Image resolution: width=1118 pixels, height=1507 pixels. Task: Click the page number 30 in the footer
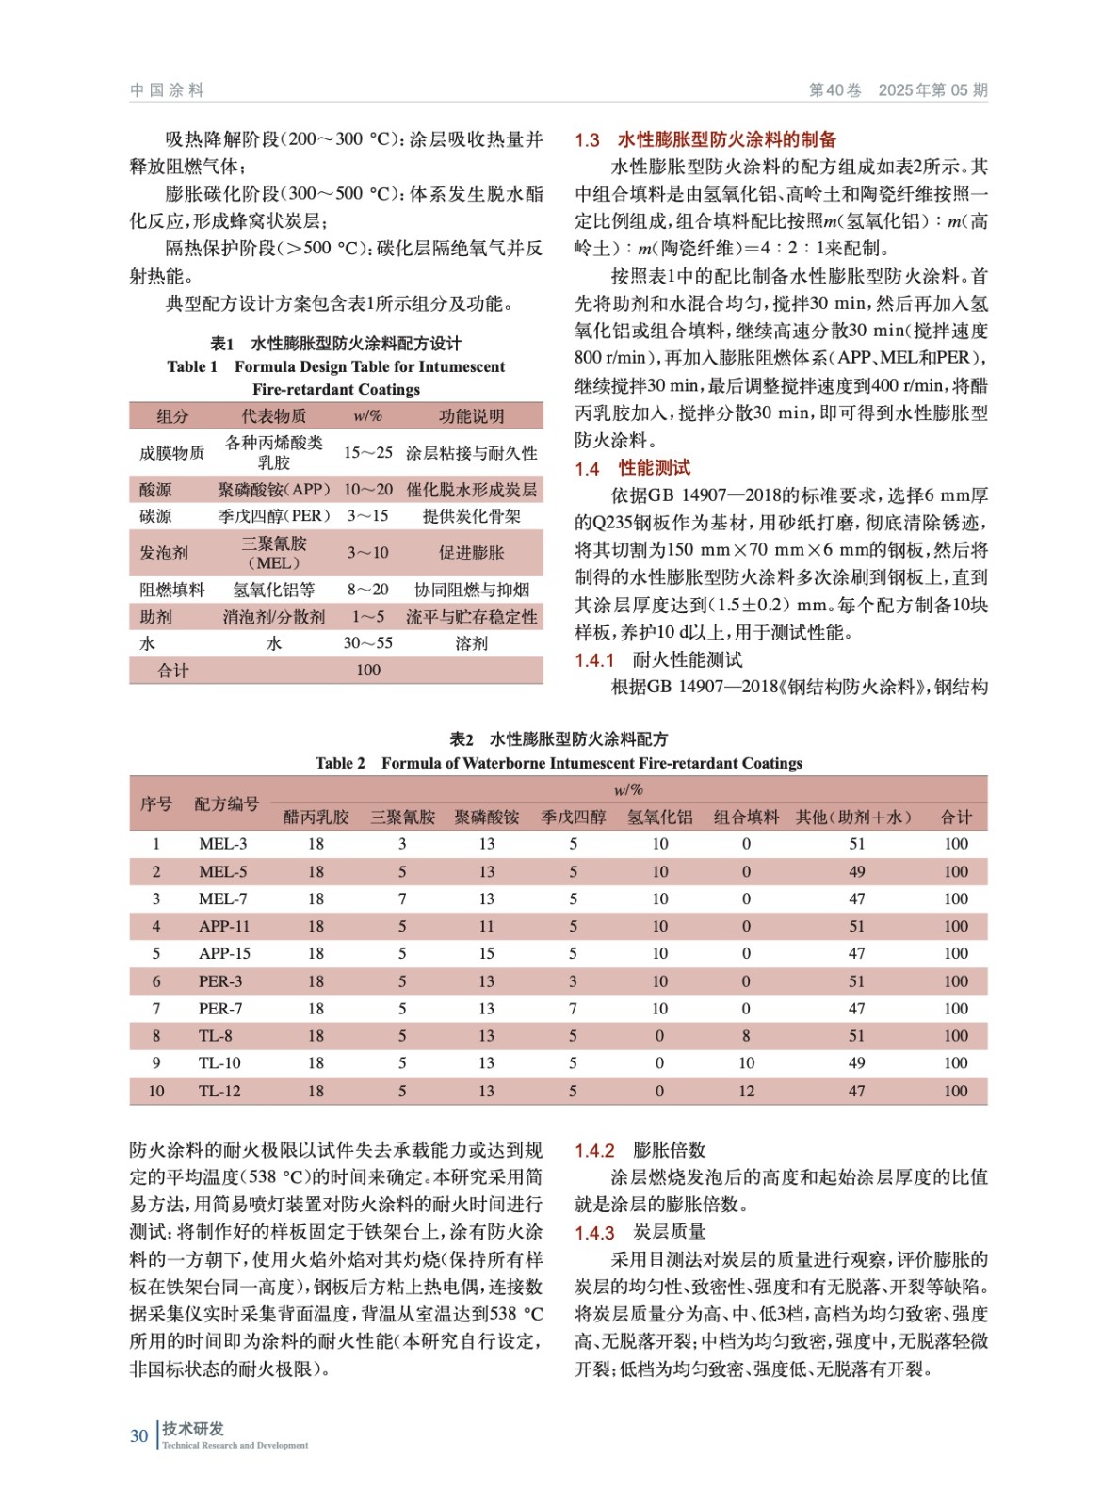pos(138,1435)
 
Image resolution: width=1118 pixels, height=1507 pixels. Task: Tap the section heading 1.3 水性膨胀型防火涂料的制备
pos(705,139)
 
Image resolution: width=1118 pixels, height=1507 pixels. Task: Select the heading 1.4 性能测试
pos(632,467)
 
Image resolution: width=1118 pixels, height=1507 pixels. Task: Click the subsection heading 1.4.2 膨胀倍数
pos(640,1149)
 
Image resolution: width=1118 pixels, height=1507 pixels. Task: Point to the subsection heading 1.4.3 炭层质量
pos(640,1232)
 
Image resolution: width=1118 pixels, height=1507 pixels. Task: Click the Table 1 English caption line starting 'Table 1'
pos(335,366)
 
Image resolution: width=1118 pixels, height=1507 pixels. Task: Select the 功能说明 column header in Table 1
pos(471,415)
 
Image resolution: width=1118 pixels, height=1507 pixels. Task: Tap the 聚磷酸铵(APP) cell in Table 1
pos(273,489)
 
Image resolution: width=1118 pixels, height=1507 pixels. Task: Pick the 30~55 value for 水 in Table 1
pos(367,642)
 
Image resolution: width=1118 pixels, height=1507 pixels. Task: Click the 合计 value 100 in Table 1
pos(367,670)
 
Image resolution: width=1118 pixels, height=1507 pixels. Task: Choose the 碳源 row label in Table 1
pos(155,516)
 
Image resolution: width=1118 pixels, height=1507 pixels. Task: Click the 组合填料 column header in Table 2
pos(746,817)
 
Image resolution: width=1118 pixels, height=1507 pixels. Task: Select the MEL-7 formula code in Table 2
pos(222,899)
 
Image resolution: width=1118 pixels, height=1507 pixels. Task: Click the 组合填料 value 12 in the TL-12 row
pos(746,1091)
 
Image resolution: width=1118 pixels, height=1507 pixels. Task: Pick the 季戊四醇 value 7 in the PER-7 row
pos(573,1008)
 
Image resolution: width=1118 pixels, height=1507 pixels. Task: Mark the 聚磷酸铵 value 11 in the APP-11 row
pos(486,926)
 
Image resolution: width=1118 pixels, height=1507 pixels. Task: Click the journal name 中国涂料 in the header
pos(167,89)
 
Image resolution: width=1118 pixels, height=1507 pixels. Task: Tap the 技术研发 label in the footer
pos(193,1428)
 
